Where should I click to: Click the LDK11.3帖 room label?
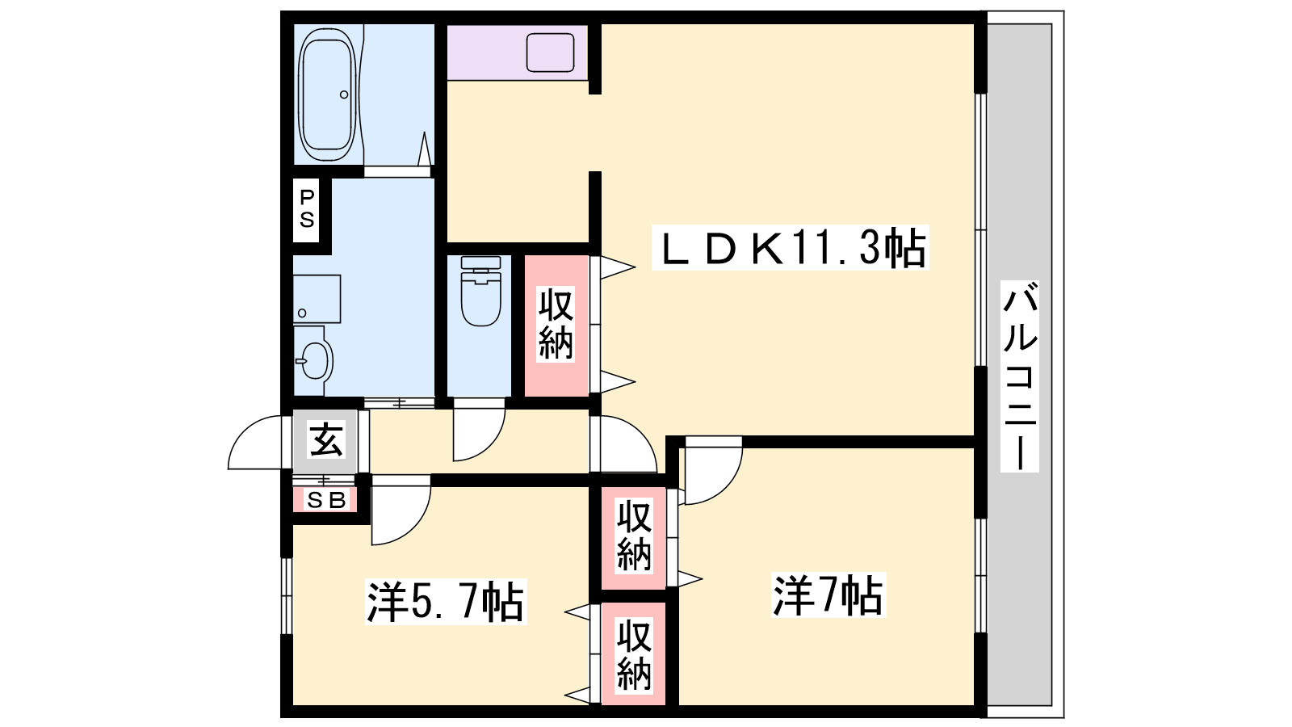pos(790,247)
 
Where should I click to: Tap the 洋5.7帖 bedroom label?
pos(446,602)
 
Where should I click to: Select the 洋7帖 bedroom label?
pos(828,595)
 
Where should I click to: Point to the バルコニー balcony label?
pos(1019,376)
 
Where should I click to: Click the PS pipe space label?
pos(307,209)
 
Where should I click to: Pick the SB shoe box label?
pos(326,500)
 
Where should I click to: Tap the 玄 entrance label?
pos(326,440)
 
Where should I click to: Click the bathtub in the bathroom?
pos(326,95)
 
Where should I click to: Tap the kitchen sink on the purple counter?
pos(550,53)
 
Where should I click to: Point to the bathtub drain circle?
pos(344,95)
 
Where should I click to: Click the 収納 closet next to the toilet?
pos(556,325)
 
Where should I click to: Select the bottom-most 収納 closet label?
pos(633,654)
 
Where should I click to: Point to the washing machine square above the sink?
pos(317,298)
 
